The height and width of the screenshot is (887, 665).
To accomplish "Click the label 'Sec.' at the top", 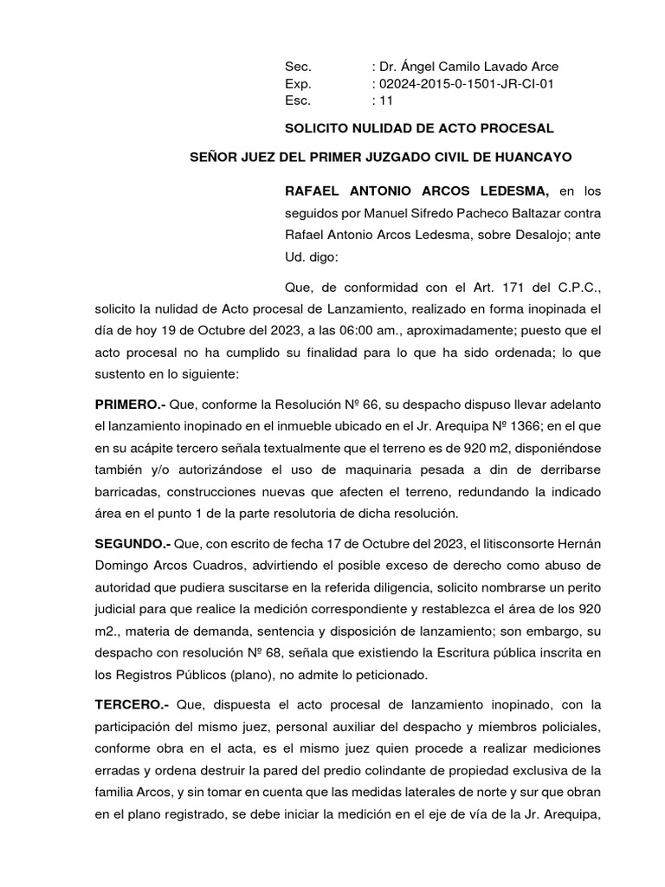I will (297, 66).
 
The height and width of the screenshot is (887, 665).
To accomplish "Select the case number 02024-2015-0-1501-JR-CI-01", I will (465, 83).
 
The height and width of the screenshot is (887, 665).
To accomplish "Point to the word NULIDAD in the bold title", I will (371, 128).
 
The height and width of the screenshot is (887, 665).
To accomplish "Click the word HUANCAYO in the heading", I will (534, 157).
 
